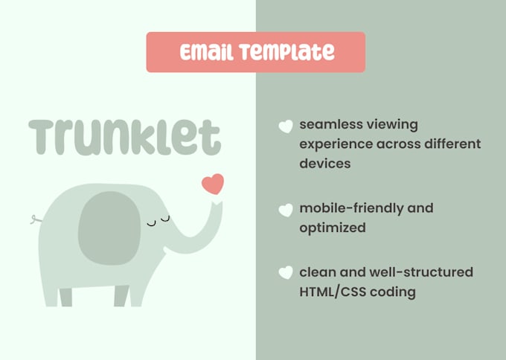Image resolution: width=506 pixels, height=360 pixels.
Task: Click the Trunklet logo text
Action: pos(125,138)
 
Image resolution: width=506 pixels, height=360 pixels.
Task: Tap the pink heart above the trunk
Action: pos(213,183)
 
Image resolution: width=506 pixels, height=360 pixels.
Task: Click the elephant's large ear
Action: pos(109,227)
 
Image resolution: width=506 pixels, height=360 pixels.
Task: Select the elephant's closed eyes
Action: pos(158,221)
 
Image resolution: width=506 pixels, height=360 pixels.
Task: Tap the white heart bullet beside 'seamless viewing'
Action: pos(285,126)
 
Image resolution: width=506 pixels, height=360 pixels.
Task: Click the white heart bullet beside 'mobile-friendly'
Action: pos(285,210)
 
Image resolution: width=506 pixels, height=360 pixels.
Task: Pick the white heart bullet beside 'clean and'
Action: pos(285,273)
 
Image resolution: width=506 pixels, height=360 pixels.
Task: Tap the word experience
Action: pos(335,144)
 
